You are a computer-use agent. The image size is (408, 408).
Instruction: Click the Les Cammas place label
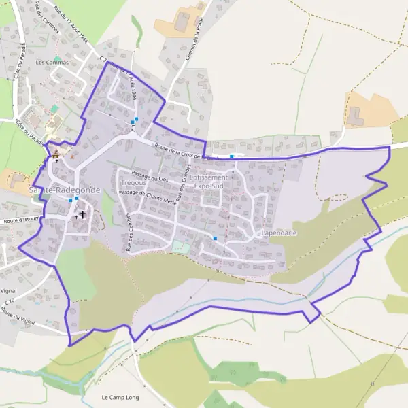pos(52,63)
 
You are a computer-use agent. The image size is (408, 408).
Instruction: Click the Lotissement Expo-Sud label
pos(211,181)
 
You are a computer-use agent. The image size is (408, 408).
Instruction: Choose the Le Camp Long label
pos(119,396)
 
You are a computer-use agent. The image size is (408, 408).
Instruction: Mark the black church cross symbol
pos(83,215)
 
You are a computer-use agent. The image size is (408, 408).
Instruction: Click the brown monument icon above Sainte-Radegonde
pos(56,156)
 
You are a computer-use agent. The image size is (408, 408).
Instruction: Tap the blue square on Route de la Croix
pos(232,157)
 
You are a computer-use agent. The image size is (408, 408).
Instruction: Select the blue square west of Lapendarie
pos(215,238)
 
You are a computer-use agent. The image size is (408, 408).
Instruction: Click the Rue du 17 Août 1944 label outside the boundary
pos(72,30)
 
